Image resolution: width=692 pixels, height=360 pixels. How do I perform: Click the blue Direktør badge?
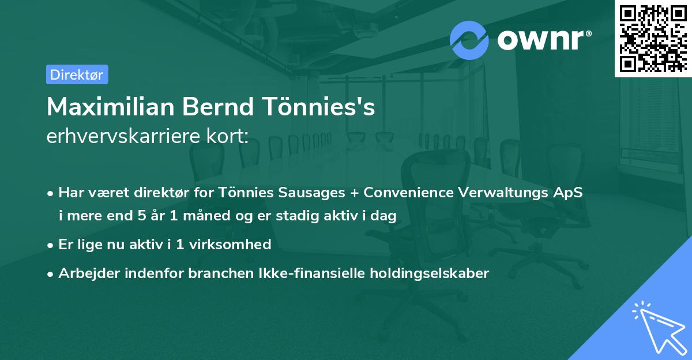[x=77, y=74]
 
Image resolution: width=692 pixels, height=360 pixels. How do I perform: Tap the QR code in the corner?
[x=653, y=39]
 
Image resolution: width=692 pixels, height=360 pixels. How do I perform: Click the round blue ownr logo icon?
[x=469, y=40]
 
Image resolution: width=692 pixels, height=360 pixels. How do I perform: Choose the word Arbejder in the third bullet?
[x=85, y=273]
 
